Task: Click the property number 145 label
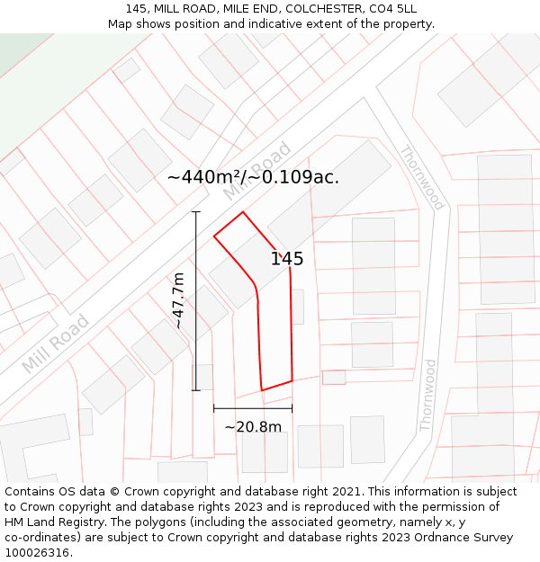287,259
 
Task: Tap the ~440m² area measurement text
205,177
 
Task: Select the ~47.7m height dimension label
178,300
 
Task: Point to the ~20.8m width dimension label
253,427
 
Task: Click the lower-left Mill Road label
56,343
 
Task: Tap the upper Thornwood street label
421,178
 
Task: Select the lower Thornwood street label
428,395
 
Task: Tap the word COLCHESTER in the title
319,9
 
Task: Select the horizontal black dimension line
252,408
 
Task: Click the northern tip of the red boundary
243,212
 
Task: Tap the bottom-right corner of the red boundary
292,380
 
